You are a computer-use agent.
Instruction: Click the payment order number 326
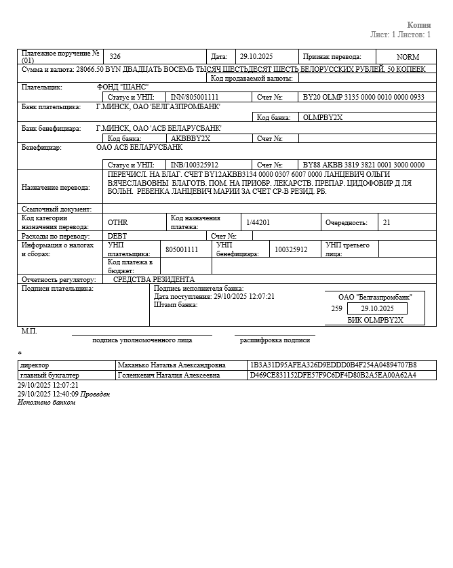pos(115,57)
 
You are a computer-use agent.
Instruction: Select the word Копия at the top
pos(418,25)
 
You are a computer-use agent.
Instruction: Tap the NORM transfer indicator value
pos(408,57)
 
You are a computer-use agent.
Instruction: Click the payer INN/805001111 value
pos(195,98)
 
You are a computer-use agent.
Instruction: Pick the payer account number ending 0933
pos(363,98)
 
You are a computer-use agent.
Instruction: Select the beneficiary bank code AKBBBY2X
pos(191,138)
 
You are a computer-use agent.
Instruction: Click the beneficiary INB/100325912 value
pos(194,165)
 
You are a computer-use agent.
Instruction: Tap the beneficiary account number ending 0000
pos(363,165)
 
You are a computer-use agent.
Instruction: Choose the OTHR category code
pos(117,222)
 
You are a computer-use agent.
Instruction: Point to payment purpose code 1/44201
pos(258,222)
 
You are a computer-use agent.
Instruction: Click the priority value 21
pos(387,222)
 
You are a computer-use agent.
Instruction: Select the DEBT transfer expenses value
pos(117,236)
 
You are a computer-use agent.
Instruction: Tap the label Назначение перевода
pos(56,187)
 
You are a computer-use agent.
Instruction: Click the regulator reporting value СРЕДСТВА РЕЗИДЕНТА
pos(153,279)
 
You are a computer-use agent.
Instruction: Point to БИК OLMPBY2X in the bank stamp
pos(375,320)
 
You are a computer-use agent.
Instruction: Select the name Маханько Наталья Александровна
pos(172,365)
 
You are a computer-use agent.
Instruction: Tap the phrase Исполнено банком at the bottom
pos(46,403)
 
